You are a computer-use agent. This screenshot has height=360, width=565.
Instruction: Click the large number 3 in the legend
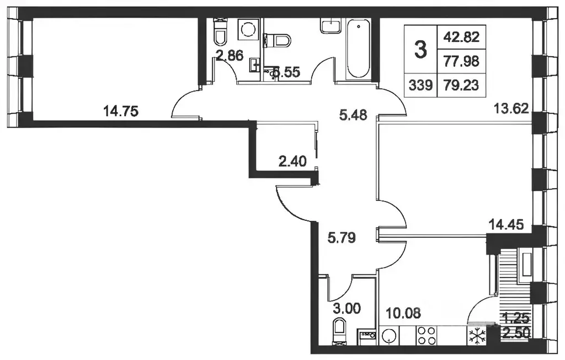click(x=420, y=51)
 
